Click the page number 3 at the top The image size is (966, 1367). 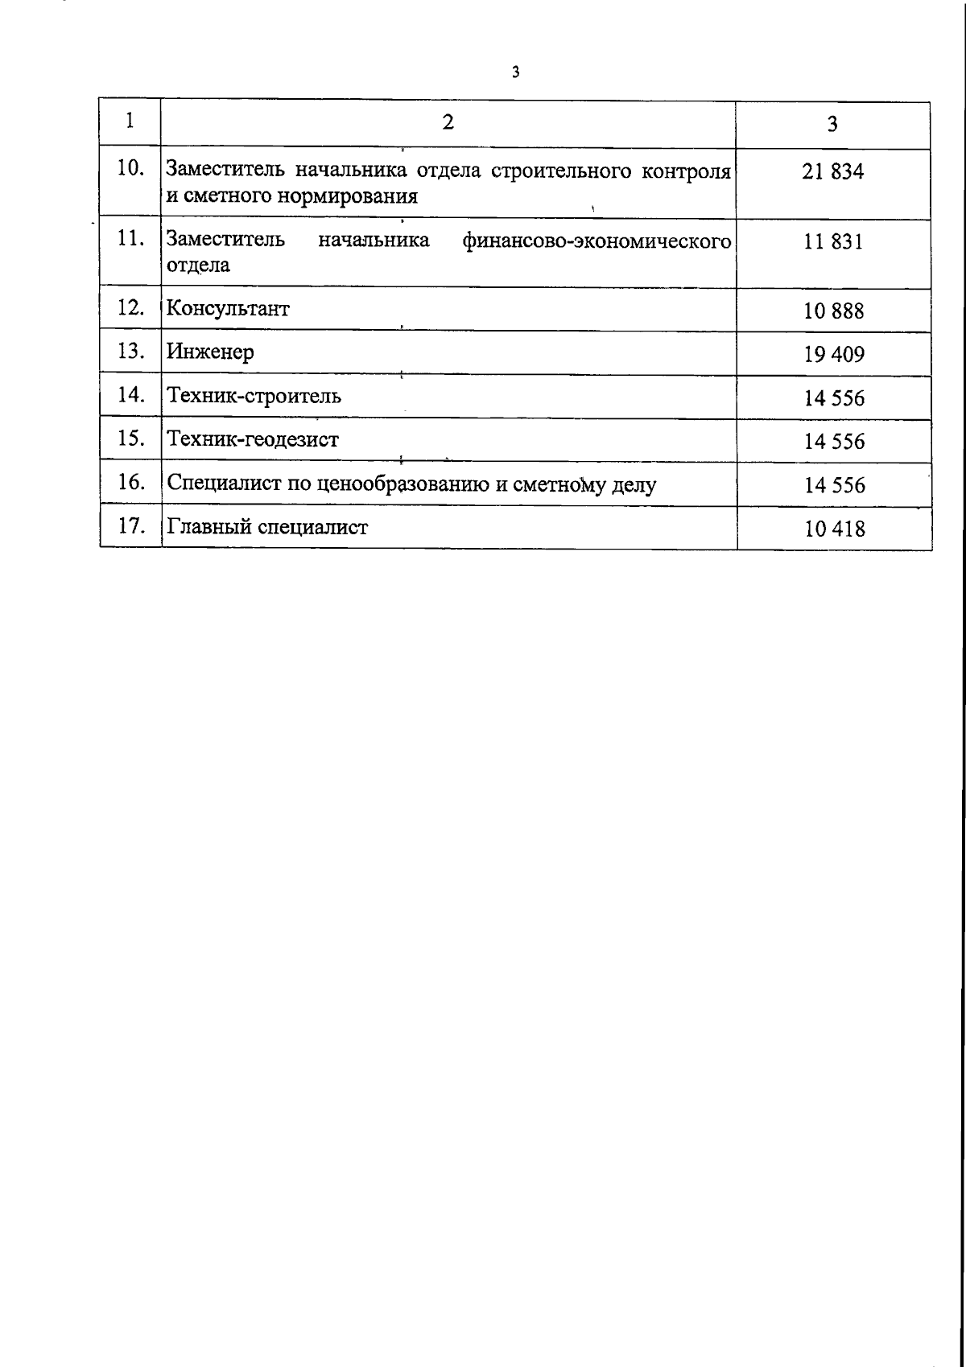[x=515, y=72]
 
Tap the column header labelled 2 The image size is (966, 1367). [x=448, y=121]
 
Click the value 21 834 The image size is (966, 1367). [x=833, y=171]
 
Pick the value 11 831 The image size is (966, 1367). [x=833, y=241]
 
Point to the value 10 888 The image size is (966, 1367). [x=834, y=311]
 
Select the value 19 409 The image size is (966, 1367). [x=834, y=354]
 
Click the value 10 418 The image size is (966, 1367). [x=835, y=529]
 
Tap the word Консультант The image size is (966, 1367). [x=228, y=309]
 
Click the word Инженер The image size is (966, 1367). [x=210, y=352]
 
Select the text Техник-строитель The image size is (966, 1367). [x=254, y=396]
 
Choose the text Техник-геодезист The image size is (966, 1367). [x=253, y=439]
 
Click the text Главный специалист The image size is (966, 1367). [x=267, y=528]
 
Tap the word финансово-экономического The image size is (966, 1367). [x=597, y=241]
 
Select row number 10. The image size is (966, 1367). [x=130, y=169]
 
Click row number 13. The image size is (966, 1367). [x=130, y=351]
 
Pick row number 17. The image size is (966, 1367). [x=130, y=526]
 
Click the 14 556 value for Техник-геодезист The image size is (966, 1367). [x=835, y=442]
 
